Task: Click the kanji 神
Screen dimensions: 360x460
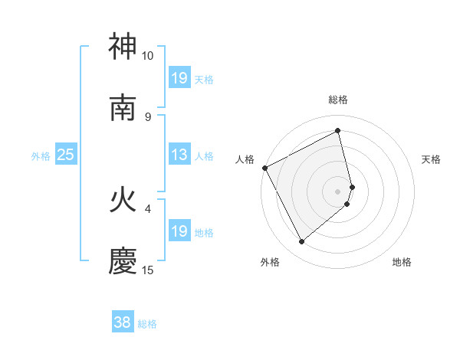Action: (123, 47)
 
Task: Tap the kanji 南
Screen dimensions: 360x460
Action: (123, 108)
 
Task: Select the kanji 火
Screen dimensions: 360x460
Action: (123, 201)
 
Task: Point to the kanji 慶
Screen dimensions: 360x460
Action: (123, 262)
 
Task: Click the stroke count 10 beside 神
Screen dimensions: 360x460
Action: (148, 56)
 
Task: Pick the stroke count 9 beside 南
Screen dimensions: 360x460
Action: (148, 116)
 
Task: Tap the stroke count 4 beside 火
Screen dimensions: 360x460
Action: (148, 208)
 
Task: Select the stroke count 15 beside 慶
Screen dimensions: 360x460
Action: (148, 270)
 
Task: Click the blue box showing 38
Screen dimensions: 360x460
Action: (123, 323)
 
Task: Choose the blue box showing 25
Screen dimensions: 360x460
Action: (66, 155)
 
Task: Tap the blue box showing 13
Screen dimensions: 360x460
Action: (179, 155)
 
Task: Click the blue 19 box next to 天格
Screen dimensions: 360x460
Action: (179, 78)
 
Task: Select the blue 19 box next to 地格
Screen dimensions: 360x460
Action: (179, 231)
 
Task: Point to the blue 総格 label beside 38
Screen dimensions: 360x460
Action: (147, 324)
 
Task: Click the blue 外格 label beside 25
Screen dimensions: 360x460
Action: (41, 156)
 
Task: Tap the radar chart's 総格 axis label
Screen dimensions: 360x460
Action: (338, 100)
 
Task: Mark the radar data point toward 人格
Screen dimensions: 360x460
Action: (264, 168)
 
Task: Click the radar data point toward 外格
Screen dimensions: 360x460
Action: (301, 242)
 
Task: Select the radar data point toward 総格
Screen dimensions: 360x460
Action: (338, 131)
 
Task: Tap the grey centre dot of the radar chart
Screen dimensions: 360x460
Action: (338, 191)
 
